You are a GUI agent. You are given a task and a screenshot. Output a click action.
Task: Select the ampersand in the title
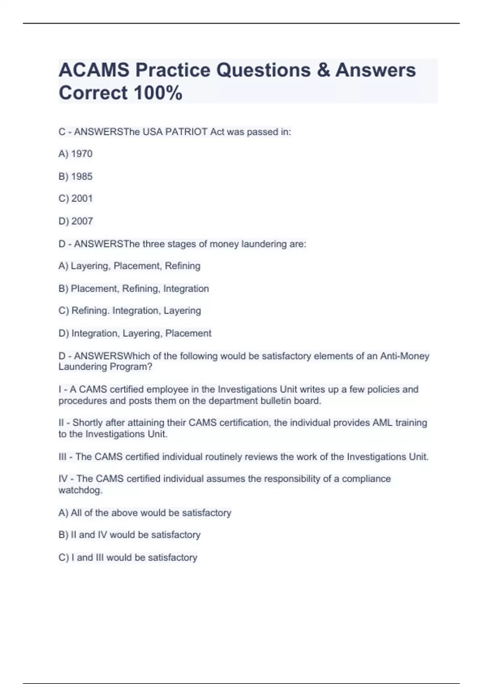coord(323,70)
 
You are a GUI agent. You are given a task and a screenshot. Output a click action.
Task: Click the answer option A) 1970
coord(76,154)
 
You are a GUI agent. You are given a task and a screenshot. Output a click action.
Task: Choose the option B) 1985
coord(76,176)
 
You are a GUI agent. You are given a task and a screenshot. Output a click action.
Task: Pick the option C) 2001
coord(76,198)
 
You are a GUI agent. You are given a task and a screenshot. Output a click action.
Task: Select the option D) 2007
coord(76,221)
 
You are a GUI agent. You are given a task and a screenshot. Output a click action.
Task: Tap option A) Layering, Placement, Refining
coord(129,266)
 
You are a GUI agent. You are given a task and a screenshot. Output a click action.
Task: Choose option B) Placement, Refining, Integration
coord(134,288)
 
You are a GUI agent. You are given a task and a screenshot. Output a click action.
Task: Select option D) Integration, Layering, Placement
coord(135,333)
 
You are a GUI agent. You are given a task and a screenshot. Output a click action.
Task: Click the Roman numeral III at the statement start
coord(63,457)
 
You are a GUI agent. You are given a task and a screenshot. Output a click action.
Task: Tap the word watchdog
coord(80,490)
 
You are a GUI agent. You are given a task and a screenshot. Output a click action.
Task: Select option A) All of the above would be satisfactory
coord(145,513)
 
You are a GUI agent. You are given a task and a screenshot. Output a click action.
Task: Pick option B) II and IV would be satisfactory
coord(129,535)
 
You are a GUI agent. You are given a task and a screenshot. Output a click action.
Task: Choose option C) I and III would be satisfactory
coord(128,557)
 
